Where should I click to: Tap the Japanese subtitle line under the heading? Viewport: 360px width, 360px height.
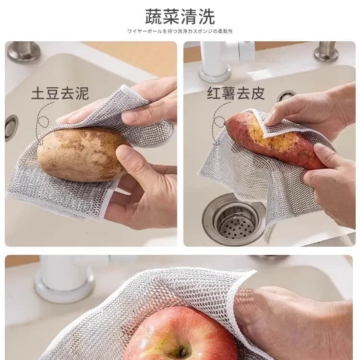[x=180, y=31]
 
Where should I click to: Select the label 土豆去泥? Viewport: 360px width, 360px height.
[x=60, y=93]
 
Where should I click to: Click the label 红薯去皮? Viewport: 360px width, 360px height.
[x=236, y=93]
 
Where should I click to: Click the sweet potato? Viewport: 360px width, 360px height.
[x=274, y=139]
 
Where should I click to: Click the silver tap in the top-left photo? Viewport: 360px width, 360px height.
[x=23, y=51]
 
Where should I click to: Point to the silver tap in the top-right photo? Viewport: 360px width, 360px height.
[x=326, y=51]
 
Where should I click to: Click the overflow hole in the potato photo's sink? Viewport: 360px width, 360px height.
[x=11, y=127]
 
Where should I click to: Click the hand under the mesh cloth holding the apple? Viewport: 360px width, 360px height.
[x=288, y=317]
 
